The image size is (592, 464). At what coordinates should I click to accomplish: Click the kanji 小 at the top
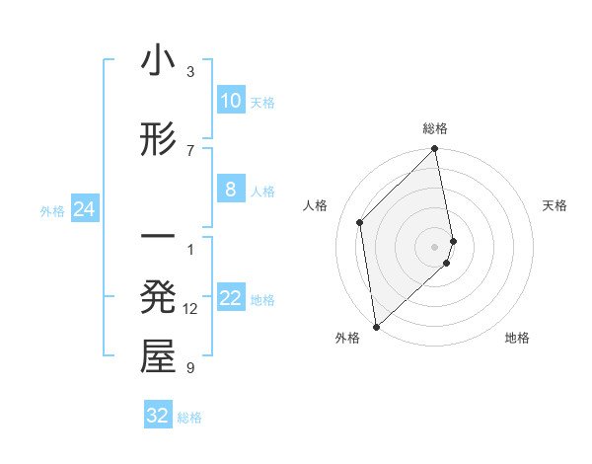(158, 62)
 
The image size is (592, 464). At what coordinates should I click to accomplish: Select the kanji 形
(158, 141)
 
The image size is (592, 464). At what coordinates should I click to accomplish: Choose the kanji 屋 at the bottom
(158, 357)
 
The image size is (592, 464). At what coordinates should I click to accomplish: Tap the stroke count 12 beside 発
(191, 309)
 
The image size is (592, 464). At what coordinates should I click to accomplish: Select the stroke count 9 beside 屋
(190, 368)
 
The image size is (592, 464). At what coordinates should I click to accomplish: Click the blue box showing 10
(230, 101)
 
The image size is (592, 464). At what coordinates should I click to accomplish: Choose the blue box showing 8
(230, 190)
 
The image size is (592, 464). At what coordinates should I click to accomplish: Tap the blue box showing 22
(230, 299)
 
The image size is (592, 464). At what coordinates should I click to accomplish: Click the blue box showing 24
(84, 209)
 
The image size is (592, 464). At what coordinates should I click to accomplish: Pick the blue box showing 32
(158, 416)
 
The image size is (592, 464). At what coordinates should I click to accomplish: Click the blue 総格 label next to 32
(189, 418)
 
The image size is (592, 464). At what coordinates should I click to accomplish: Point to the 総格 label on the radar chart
(435, 128)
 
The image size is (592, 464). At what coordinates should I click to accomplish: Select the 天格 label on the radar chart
(555, 205)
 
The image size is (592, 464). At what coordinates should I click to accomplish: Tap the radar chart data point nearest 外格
(376, 326)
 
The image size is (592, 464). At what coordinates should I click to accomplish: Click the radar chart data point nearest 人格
(360, 222)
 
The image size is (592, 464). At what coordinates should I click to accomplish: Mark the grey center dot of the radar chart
(435, 246)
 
